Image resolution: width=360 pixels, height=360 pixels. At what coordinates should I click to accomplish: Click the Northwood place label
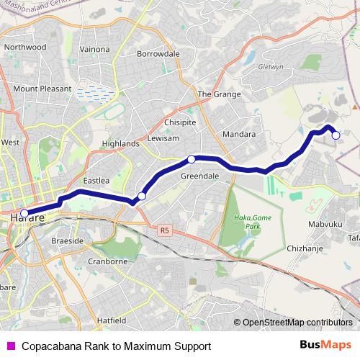[x=24, y=47]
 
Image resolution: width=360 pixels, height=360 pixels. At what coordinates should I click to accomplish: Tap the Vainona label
[x=94, y=50]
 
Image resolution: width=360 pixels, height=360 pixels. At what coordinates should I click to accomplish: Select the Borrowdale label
[x=158, y=54]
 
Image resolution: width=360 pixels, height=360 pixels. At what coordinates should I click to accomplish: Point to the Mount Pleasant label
[x=42, y=89]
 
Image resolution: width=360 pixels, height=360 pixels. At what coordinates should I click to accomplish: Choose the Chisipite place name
[x=180, y=122]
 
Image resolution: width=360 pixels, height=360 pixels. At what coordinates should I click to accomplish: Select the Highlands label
[x=120, y=144]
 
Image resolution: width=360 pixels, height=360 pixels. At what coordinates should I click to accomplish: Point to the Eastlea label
[x=96, y=181]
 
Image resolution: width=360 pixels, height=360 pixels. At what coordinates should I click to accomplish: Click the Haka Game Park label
[x=246, y=221]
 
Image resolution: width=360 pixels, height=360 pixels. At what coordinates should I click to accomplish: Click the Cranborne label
[x=107, y=261]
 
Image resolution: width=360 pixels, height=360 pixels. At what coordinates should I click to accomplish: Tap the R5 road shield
[x=165, y=230]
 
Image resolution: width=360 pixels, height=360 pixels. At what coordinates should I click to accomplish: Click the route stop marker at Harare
[x=24, y=213]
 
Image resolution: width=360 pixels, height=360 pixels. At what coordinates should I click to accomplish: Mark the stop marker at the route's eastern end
[x=335, y=135]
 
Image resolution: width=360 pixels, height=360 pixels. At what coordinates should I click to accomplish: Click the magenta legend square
[x=10, y=346]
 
